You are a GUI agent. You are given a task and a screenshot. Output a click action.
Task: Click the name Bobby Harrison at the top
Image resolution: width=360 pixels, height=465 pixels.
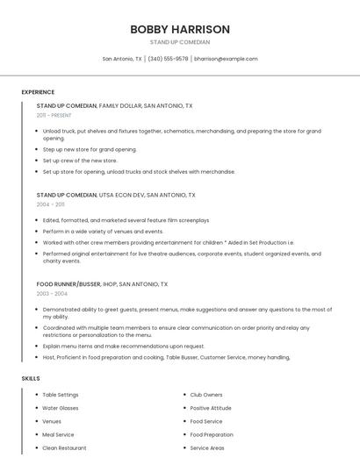(180, 29)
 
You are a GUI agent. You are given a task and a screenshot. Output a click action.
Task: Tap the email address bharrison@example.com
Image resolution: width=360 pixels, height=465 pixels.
(226, 59)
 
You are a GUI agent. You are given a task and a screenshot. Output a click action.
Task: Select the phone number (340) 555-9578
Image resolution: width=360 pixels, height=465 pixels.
(168, 59)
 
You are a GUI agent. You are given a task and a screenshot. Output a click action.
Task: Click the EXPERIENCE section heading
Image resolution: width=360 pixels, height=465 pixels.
(38, 92)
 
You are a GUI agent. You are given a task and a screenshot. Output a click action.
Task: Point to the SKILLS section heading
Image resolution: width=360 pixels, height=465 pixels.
(31, 378)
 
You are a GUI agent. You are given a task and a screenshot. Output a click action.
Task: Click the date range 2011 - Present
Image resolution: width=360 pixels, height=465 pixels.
(54, 115)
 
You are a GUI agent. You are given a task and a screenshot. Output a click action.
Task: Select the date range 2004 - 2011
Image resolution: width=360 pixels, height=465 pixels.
(51, 204)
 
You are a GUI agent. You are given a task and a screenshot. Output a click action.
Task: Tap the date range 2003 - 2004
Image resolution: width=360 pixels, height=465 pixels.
(52, 293)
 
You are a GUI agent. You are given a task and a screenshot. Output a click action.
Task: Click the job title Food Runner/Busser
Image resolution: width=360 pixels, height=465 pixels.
(68, 284)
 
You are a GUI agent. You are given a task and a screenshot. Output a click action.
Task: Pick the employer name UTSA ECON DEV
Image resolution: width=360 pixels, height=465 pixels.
(120, 195)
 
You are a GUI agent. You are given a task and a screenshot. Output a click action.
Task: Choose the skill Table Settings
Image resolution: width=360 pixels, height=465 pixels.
(61, 395)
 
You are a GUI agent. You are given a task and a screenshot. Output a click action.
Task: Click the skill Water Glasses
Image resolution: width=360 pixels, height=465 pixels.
(61, 408)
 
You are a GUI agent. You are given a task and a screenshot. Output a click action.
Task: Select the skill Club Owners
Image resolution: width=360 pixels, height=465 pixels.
(206, 395)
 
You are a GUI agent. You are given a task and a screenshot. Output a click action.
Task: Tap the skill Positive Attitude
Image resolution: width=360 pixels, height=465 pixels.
(211, 408)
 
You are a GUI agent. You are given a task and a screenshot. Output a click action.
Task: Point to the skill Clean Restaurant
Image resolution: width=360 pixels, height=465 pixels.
(64, 447)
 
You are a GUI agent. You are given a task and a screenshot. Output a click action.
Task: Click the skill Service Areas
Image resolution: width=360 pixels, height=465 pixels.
(207, 447)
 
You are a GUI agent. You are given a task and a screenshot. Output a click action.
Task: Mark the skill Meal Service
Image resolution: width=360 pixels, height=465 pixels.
(58, 434)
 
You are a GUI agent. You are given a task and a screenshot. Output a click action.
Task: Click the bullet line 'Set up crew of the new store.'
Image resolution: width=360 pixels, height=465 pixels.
(80, 161)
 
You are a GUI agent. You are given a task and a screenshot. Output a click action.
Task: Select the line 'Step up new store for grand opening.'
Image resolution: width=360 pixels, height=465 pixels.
(90, 149)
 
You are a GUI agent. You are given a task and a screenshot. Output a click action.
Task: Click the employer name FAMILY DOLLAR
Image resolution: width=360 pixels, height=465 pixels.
(120, 105)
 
